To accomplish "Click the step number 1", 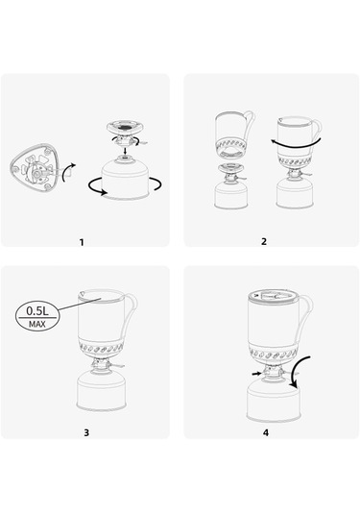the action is [82, 242].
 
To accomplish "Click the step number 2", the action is [264, 241].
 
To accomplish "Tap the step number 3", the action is [86, 432].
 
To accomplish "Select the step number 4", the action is [266, 432].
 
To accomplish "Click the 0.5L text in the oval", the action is [37, 310].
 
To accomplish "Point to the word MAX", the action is [37, 324].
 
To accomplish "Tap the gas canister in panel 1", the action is [125, 179].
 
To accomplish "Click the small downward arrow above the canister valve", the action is [125, 151].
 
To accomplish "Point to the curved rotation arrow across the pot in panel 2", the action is [296, 143].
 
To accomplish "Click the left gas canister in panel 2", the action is [231, 195].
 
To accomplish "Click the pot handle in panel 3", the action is [130, 315].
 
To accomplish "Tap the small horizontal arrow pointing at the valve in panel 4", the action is [257, 374].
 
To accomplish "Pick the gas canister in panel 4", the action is [274, 402].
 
